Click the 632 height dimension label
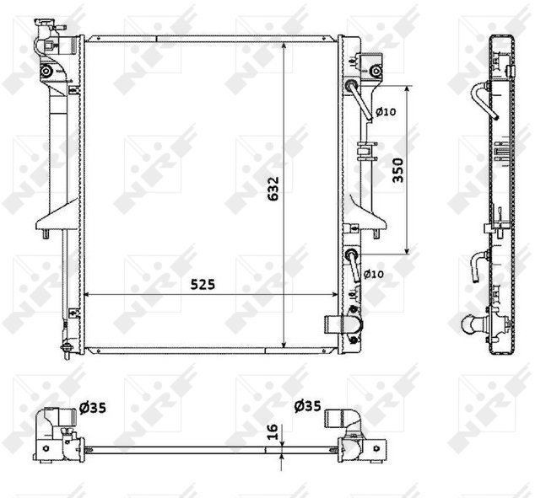click(x=273, y=189)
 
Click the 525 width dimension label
click(x=203, y=284)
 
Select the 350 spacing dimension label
click(x=397, y=170)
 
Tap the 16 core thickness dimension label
click(x=273, y=431)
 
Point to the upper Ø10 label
click(x=386, y=111)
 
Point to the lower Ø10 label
click(x=374, y=274)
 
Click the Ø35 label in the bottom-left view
click(x=93, y=407)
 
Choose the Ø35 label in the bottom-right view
click(x=307, y=405)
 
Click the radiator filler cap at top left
click(x=46, y=24)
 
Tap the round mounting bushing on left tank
click(x=46, y=71)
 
